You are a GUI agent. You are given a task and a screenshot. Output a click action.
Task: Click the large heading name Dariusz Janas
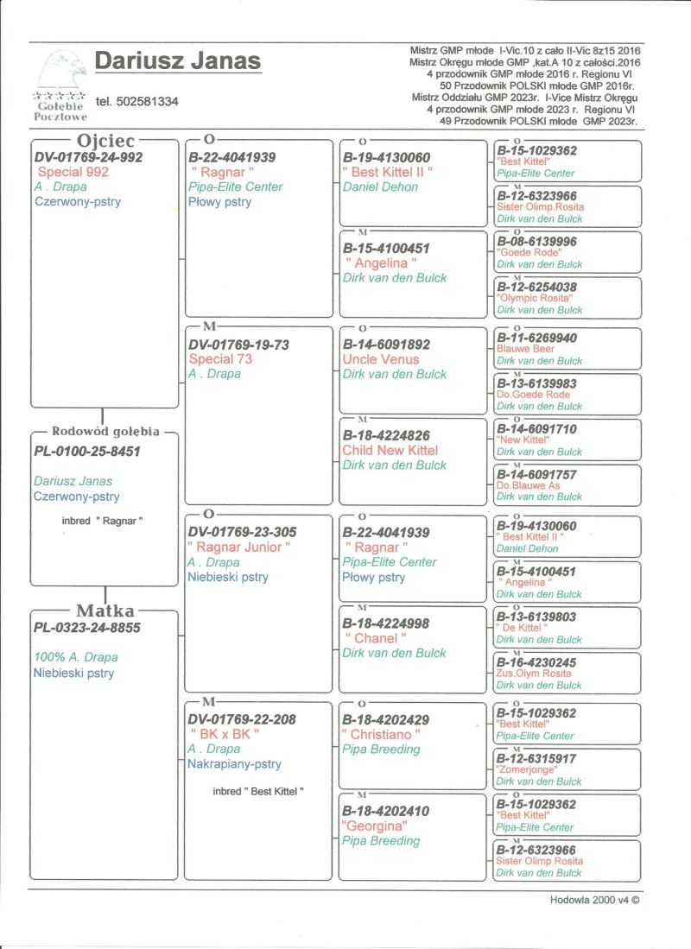point(177,61)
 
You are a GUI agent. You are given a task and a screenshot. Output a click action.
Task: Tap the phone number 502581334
point(137,101)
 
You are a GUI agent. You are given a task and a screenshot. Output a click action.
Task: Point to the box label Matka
point(105,611)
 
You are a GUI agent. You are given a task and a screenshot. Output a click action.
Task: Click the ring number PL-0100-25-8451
point(86,451)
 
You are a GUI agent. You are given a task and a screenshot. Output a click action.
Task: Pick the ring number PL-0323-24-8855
point(86,628)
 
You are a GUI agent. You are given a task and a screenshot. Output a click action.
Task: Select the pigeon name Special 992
point(73,172)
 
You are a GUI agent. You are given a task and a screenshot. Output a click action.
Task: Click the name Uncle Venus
point(381,359)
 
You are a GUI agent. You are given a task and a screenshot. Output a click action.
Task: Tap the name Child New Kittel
point(390,450)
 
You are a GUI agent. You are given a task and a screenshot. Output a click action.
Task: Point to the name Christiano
point(381,734)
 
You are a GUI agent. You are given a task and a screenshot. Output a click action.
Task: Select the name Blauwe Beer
point(526,349)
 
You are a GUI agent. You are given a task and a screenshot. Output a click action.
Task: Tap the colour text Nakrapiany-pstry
point(235,764)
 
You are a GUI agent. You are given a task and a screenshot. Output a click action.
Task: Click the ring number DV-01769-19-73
point(239,345)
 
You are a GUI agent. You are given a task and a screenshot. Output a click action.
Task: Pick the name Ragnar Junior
point(239,547)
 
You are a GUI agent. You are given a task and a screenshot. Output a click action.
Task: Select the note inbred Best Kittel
point(258,791)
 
